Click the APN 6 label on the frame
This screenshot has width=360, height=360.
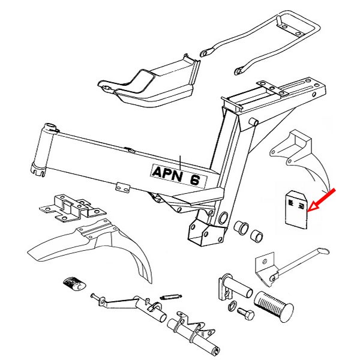pos(178,176)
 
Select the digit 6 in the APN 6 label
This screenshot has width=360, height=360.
pos(194,178)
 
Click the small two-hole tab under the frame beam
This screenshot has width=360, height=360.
pos(124,187)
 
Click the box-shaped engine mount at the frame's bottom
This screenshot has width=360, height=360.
pos(203,231)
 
